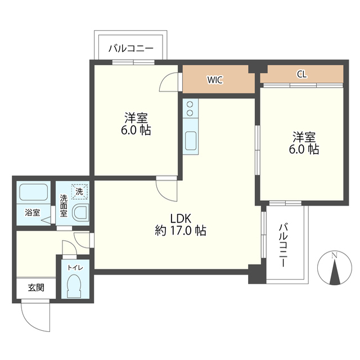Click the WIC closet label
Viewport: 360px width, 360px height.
(x=215, y=80)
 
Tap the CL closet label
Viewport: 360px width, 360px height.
(x=301, y=74)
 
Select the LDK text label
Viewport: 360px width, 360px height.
(x=181, y=218)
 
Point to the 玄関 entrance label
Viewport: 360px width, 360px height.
(x=36, y=287)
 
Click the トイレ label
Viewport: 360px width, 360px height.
(x=75, y=268)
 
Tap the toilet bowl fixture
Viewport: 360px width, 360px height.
(x=75, y=286)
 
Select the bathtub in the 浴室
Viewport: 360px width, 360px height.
(x=34, y=192)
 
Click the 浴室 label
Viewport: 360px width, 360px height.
(x=33, y=213)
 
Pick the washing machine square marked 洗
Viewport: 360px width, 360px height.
(x=79, y=191)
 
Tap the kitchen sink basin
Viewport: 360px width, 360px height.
(x=190, y=141)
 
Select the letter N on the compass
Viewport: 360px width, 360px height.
(x=335, y=255)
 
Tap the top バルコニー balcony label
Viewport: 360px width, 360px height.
(x=131, y=48)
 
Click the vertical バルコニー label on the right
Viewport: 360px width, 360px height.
(x=283, y=245)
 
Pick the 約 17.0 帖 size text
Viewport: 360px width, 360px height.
(x=181, y=230)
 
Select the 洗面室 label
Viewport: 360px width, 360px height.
(x=64, y=206)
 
